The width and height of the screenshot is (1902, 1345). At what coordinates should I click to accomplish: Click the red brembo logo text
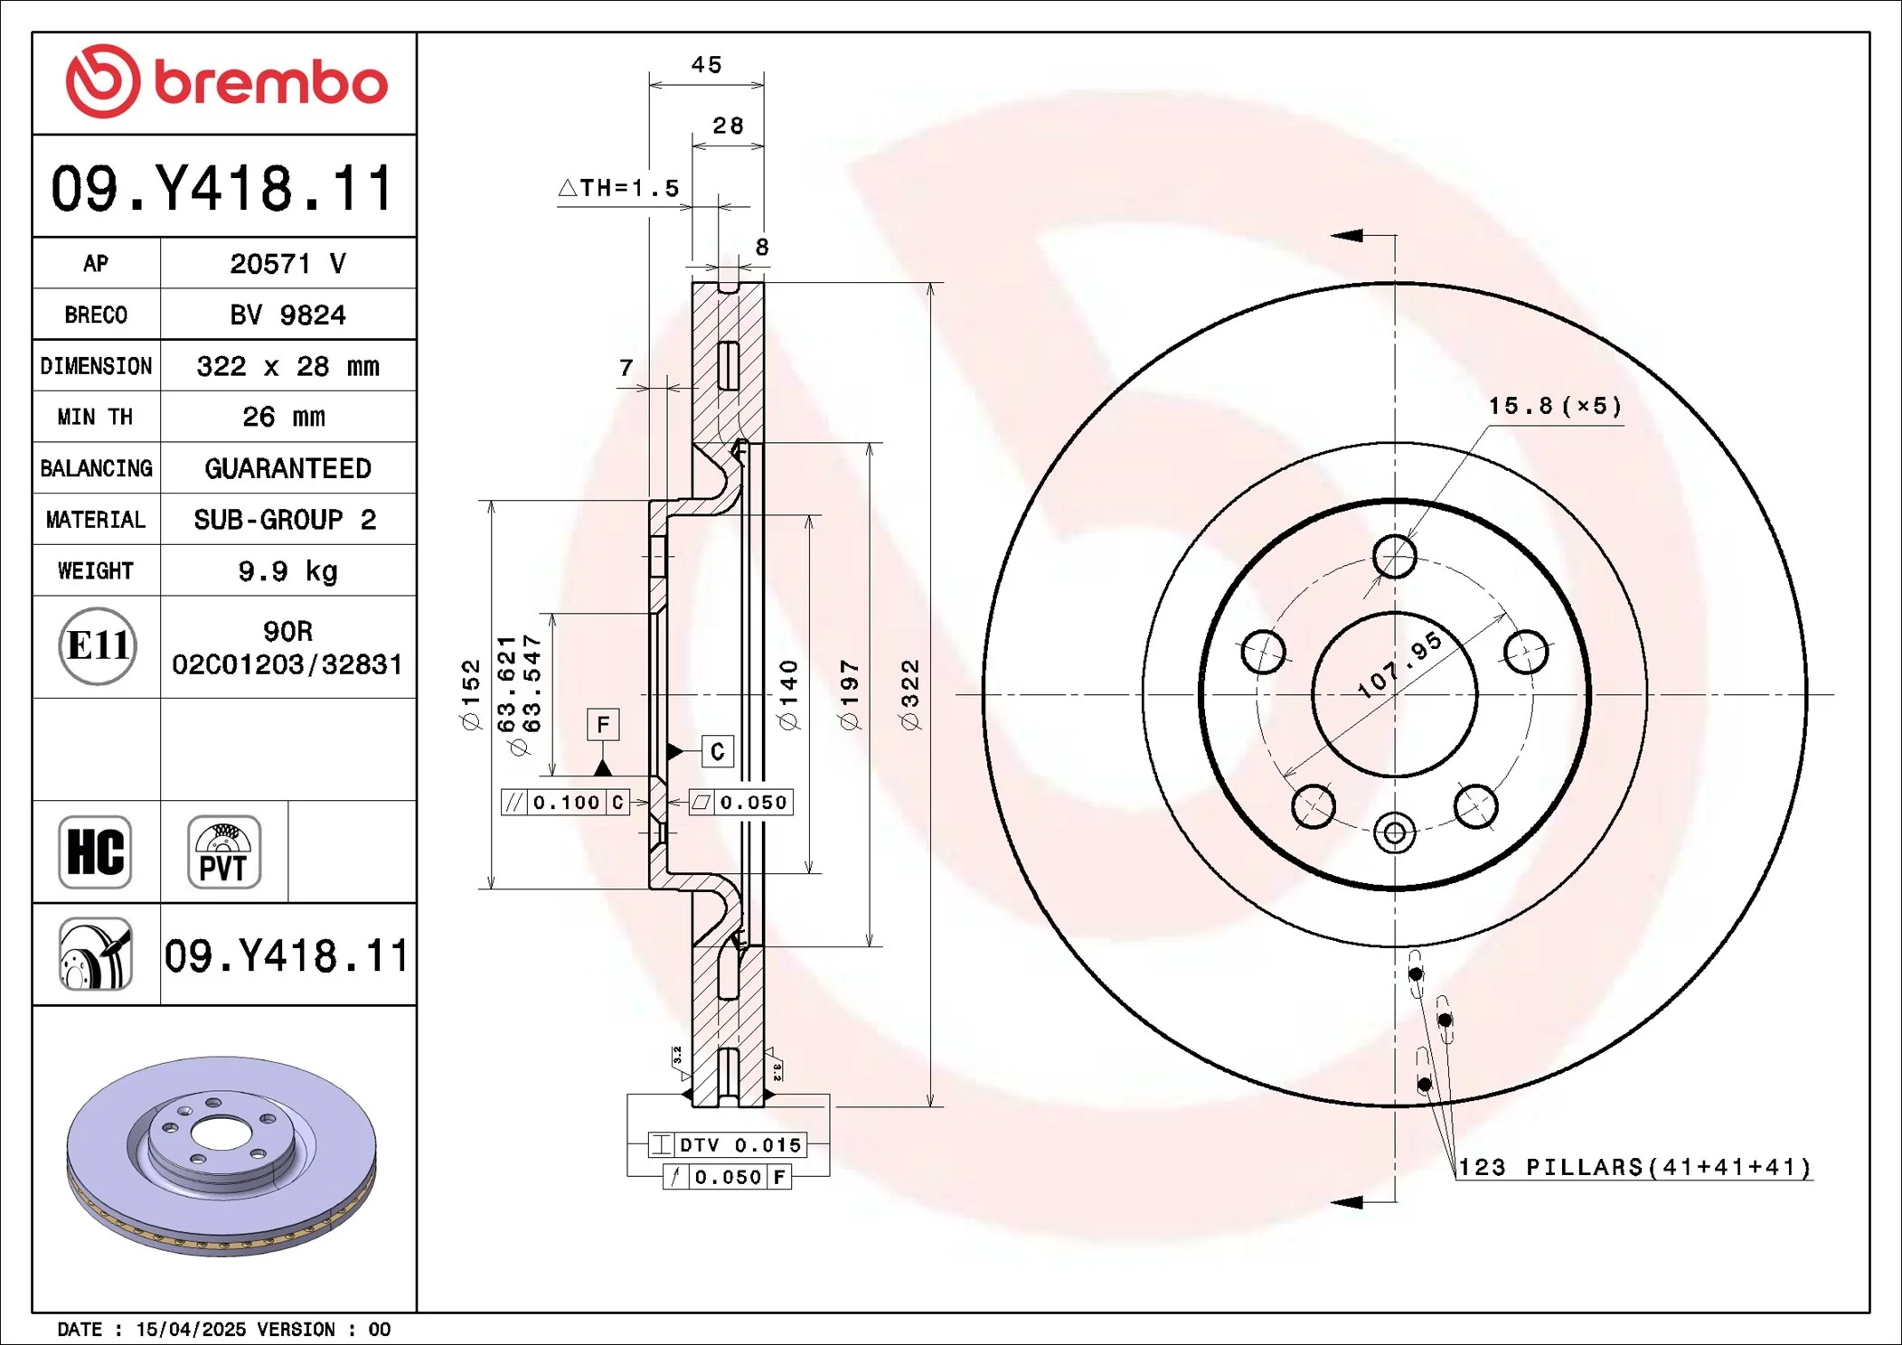pyautogui.click(x=270, y=83)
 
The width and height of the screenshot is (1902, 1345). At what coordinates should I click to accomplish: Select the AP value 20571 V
pyautogui.click(x=287, y=264)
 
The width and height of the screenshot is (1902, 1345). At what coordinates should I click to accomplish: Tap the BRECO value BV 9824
pyautogui.click(x=287, y=315)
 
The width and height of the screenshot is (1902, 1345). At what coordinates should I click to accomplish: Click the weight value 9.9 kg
pyautogui.click(x=287, y=571)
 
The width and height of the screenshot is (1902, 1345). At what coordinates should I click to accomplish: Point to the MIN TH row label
pyautogui.click(x=95, y=417)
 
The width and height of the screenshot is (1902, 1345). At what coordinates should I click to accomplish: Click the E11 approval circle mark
pyautogui.click(x=98, y=645)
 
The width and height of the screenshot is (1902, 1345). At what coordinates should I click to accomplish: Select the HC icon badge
pyautogui.click(x=95, y=852)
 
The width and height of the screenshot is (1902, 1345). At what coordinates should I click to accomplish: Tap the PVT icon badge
pyautogui.click(x=223, y=852)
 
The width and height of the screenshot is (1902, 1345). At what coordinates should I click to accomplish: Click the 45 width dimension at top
pyautogui.click(x=706, y=65)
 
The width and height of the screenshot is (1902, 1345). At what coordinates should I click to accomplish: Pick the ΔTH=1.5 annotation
pyautogui.click(x=619, y=188)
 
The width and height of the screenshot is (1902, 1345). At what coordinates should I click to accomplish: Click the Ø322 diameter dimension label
pyautogui.click(x=909, y=694)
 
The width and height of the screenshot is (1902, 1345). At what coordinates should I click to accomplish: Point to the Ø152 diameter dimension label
pyautogui.click(x=471, y=694)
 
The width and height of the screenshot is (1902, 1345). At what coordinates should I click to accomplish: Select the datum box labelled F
pyautogui.click(x=603, y=724)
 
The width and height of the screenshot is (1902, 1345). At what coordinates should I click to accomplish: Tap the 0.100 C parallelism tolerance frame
pyautogui.click(x=565, y=803)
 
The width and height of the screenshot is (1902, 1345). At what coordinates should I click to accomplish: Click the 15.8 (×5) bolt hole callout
pyautogui.click(x=1555, y=406)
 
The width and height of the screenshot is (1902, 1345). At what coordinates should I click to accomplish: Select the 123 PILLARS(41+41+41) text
pyautogui.click(x=1634, y=1168)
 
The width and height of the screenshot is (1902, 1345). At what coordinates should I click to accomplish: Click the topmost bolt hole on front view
pyautogui.click(x=1394, y=556)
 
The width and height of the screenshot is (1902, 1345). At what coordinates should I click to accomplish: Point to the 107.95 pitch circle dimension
pyautogui.click(x=1399, y=665)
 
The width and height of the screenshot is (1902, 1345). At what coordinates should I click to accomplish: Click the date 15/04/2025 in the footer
pyautogui.click(x=191, y=1330)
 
